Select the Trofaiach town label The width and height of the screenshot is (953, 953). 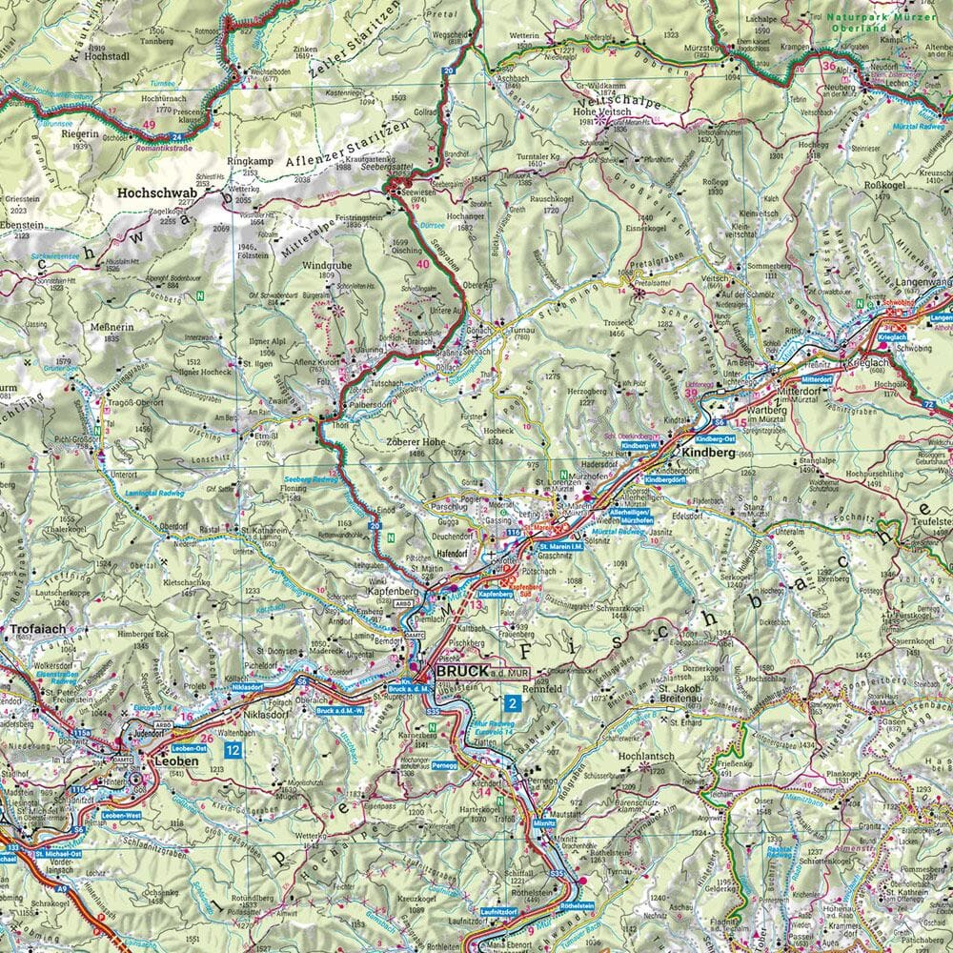pos(36,630)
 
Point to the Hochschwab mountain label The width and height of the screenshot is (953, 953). pos(156,192)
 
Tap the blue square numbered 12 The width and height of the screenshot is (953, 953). pos(233,750)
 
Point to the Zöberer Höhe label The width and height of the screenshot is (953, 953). pos(416,442)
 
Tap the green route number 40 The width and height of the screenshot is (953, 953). pos(422,251)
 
